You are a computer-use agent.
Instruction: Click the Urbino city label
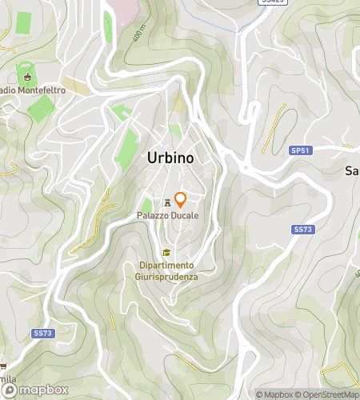pos(170,158)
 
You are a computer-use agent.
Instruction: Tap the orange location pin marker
pos(181,200)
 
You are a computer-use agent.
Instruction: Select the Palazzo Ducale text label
pos(167,216)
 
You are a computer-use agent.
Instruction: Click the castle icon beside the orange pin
pos(167,202)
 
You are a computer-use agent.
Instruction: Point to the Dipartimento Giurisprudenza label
pos(166,270)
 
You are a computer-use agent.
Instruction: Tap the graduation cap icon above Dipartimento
pos(166,253)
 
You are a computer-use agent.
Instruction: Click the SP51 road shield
pos(299,150)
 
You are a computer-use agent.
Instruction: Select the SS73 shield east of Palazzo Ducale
pos(301,230)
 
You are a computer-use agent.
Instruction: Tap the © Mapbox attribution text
pos(274,394)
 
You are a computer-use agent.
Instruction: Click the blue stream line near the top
pos(200,24)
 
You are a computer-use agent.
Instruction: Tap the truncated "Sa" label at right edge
pos(351,170)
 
